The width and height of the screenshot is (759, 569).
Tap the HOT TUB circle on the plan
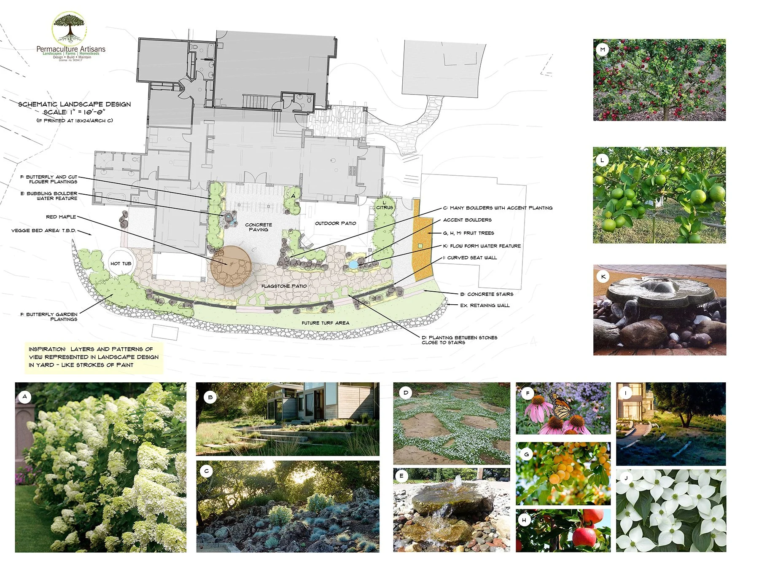(x=121, y=263)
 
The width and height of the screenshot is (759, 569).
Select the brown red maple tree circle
(x=231, y=266)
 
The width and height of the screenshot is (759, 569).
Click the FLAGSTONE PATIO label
(x=284, y=286)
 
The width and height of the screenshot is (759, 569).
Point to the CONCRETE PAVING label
(x=258, y=227)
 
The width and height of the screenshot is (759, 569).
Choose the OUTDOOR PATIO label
(x=336, y=223)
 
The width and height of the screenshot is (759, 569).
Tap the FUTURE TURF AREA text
(x=325, y=323)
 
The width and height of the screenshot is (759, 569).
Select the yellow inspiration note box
(x=94, y=357)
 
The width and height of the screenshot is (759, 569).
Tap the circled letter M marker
(x=603, y=50)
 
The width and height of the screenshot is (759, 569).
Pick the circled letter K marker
(x=603, y=276)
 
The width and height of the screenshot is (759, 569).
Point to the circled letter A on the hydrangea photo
(x=25, y=397)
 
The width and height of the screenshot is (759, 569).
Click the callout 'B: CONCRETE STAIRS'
(x=487, y=294)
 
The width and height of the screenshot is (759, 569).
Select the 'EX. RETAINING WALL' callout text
(x=484, y=305)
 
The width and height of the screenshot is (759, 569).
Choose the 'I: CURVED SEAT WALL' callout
(x=470, y=258)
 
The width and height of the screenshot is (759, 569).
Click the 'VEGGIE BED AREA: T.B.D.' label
(x=43, y=231)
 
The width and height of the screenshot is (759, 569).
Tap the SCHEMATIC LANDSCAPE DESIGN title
(x=74, y=104)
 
